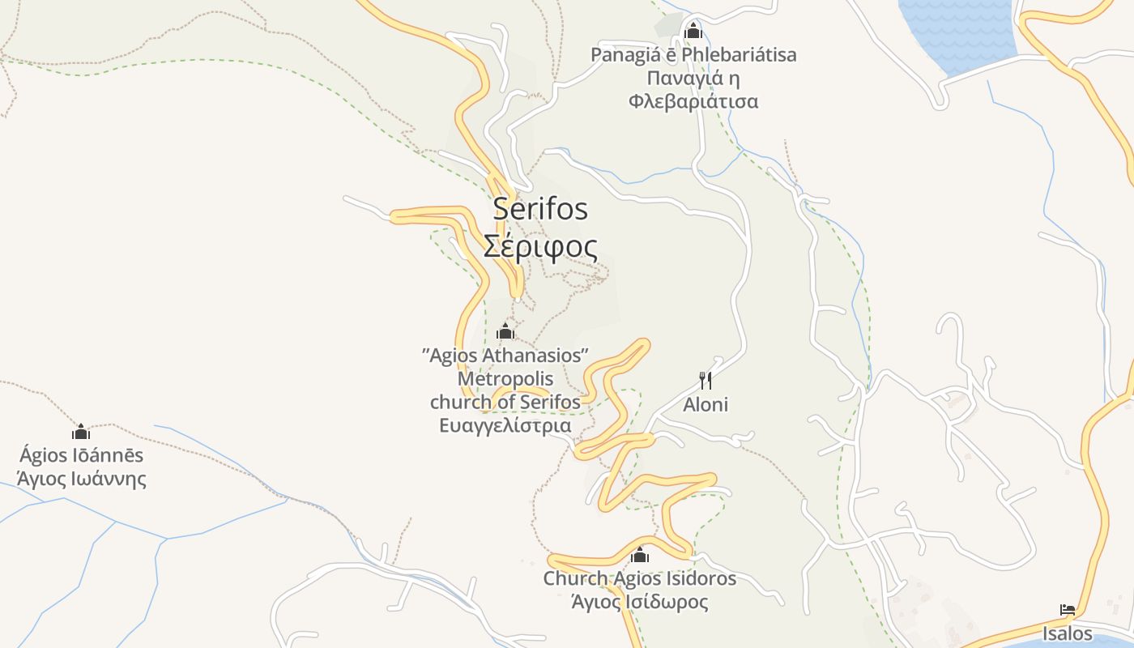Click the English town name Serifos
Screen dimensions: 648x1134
click(x=540, y=210)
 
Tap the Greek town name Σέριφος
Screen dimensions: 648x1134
click(x=540, y=246)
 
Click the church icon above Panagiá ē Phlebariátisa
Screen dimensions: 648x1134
click(x=693, y=32)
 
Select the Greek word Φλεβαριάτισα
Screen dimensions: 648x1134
click(x=693, y=101)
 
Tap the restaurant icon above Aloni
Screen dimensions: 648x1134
click(x=706, y=381)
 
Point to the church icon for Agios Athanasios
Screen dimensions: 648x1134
click(x=505, y=331)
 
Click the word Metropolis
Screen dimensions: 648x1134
click(x=505, y=379)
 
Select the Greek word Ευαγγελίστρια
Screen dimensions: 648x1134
click(x=505, y=426)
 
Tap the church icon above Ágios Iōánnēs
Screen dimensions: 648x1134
click(x=81, y=432)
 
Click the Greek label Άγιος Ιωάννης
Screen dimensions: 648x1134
click(x=82, y=479)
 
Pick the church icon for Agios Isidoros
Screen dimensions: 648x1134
click(x=640, y=556)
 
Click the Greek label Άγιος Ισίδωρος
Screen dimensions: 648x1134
click(x=640, y=603)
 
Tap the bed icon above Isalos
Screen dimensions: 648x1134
click(x=1068, y=610)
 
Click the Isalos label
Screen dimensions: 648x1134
click(x=1068, y=633)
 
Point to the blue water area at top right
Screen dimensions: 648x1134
click(x=956, y=32)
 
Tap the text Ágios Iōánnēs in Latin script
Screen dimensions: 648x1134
click(x=82, y=455)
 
